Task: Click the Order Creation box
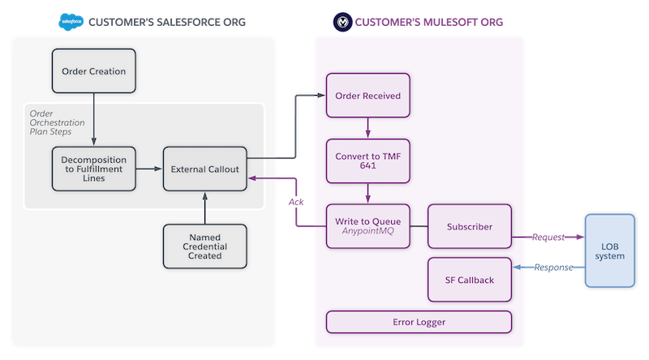pyautogui.click(x=93, y=71)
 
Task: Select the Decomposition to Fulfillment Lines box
pyautogui.click(x=93, y=169)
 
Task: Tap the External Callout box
pyautogui.click(x=204, y=169)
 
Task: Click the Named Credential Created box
pyautogui.click(x=204, y=246)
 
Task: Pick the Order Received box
pyautogui.click(x=367, y=96)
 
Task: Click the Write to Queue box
pyautogui.click(x=367, y=226)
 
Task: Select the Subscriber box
pyautogui.click(x=469, y=226)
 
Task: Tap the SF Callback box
pyautogui.click(x=469, y=280)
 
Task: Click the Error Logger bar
pyautogui.click(x=419, y=322)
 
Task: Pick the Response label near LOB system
pyautogui.click(x=552, y=268)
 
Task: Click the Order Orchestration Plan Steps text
pyautogui.click(x=54, y=122)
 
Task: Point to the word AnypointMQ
pyautogui.click(x=367, y=233)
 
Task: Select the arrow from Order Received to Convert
pyautogui.click(x=367, y=128)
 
